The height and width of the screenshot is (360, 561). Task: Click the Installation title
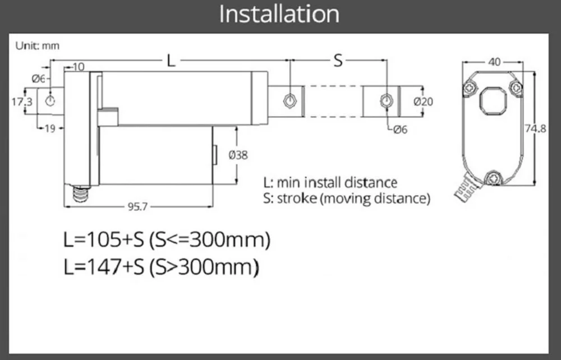279,14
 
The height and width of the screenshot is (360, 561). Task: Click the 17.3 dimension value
21,101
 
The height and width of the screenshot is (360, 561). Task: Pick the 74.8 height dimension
535,128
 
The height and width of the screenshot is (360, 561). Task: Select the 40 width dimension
494,62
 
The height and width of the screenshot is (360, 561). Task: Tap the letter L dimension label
171,61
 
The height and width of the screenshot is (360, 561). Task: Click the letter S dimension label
338,61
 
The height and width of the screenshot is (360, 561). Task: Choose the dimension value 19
50,129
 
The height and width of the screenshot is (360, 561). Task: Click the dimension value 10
78,67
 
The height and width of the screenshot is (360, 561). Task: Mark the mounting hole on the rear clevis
50,101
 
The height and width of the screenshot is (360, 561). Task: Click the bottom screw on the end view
494,178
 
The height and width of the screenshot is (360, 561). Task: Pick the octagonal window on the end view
493,100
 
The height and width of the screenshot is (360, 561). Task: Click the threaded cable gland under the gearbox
82,194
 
